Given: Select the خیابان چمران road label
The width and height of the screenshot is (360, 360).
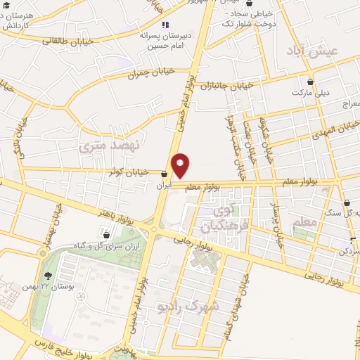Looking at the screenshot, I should pyautogui.click(x=149, y=73).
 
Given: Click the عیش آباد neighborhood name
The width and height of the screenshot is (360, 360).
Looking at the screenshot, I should pyautogui.click(x=317, y=51).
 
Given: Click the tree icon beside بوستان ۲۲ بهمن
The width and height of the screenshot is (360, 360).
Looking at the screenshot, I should pyautogui.click(x=48, y=276).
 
